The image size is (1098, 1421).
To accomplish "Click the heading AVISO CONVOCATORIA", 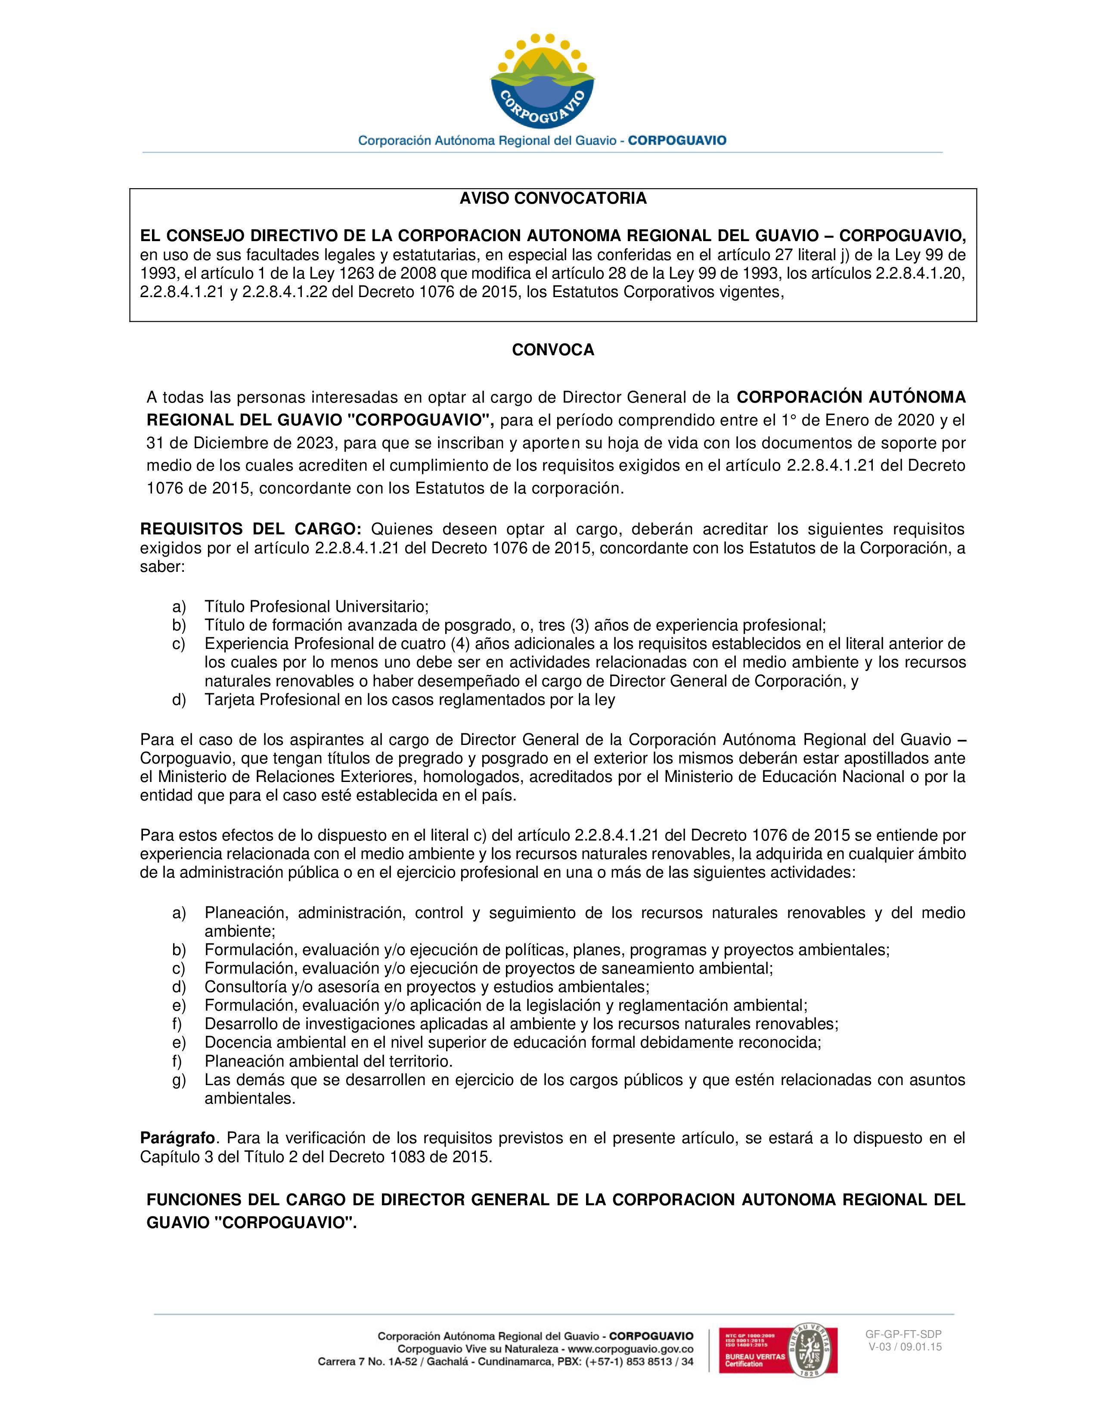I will (x=553, y=199).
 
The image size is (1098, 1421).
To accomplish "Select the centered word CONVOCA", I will (x=553, y=350).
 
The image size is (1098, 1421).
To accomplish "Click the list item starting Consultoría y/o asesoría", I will (x=427, y=987).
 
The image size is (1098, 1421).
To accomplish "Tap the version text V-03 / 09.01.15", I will (x=905, y=1347).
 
